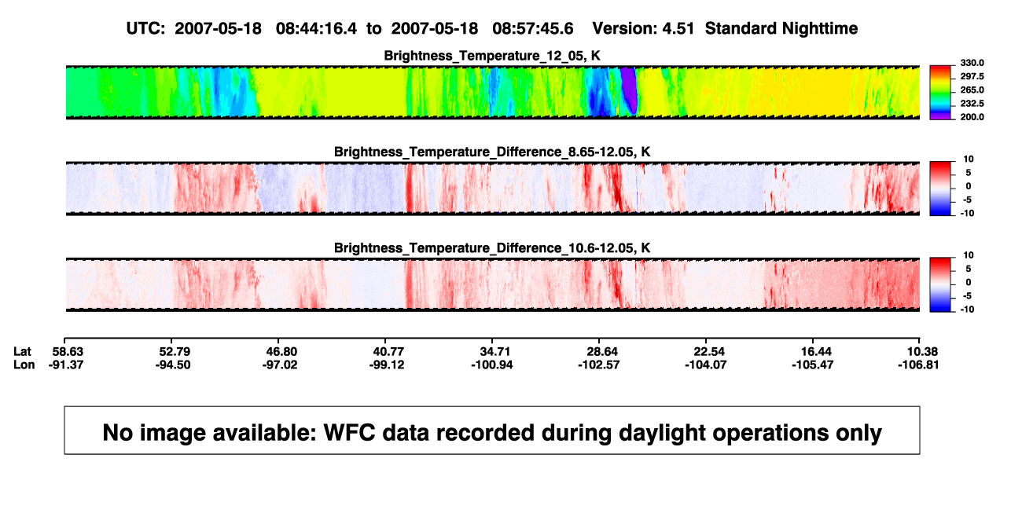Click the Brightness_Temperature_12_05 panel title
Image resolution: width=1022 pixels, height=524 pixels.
point(492,56)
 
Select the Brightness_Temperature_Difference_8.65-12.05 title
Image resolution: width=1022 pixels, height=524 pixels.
point(492,152)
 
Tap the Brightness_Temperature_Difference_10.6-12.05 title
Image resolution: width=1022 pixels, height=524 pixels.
point(492,248)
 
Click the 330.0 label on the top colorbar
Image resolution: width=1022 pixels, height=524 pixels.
point(972,63)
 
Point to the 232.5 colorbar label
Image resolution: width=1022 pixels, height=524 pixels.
point(972,104)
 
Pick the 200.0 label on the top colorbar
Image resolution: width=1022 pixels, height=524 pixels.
point(972,117)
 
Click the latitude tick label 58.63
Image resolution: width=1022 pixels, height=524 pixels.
point(68,352)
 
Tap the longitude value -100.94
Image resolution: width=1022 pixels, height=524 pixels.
point(492,365)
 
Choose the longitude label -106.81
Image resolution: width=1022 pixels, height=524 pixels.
point(918,365)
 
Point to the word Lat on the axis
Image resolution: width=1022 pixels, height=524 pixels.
point(22,352)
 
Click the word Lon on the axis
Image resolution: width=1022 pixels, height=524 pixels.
point(24,365)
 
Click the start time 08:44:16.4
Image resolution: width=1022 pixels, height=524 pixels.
point(316,28)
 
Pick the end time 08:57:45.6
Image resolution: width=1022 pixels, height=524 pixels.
point(533,28)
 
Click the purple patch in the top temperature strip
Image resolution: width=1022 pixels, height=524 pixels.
point(629,90)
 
